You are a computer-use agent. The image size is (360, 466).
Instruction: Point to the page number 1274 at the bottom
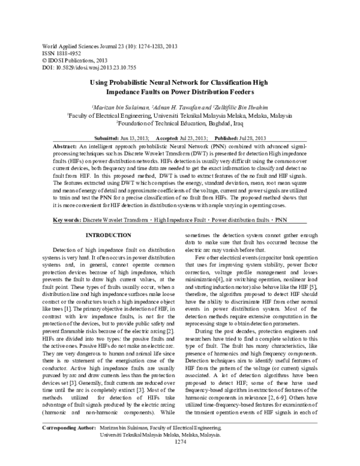click(x=179, y=459)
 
